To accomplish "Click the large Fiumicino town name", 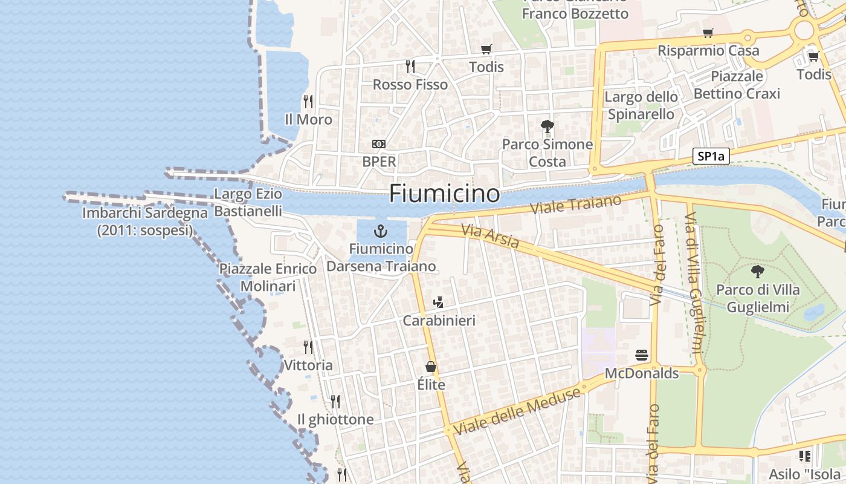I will [x=444, y=194].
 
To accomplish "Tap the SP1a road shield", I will [x=711, y=156].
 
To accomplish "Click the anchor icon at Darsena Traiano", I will [x=381, y=231].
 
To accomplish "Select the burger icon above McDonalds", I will [x=642, y=355].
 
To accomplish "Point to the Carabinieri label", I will [x=439, y=321].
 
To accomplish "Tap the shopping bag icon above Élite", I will [x=431, y=367].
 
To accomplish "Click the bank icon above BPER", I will [x=379, y=144].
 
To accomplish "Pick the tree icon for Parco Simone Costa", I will [x=547, y=126].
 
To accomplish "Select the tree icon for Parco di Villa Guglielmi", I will [x=757, y=272].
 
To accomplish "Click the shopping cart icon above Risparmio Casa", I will [x=708, y=33].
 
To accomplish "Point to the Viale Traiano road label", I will [x=575, y=204].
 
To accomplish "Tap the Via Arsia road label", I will [x=490, y=236].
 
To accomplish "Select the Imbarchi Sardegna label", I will [x=145, y=221].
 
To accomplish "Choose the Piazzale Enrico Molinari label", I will [x=268, y=277].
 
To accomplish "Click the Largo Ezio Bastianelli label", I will [x=248, y=203].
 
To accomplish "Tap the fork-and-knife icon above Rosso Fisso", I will [x=410, y=66].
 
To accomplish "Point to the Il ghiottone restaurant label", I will [x=335, y=419].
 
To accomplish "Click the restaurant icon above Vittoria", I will [x=308, y=347].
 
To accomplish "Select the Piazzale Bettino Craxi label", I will [x=737, y=85].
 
